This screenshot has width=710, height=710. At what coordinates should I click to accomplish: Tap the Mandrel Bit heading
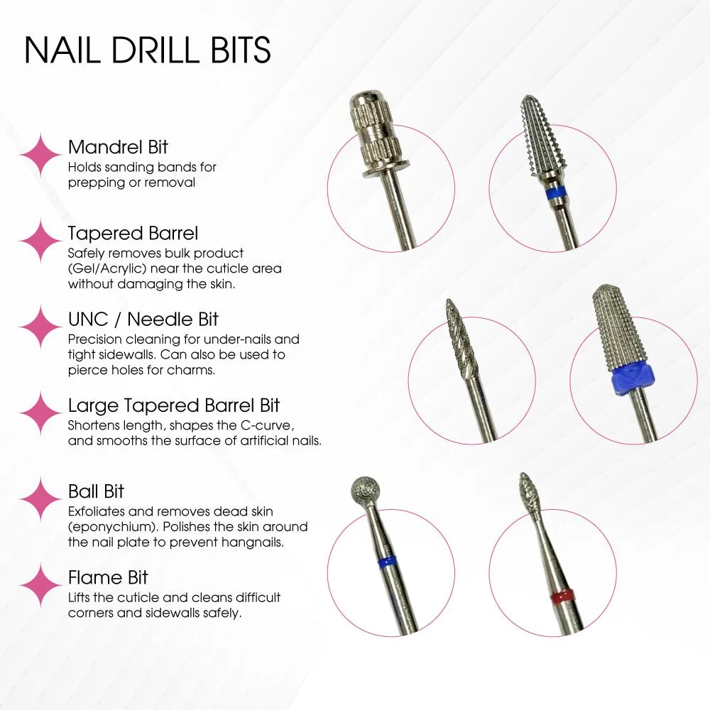(118, 147)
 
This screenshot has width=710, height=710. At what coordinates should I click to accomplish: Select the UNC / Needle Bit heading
(143, 319)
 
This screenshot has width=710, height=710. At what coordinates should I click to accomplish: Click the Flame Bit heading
(108, 577)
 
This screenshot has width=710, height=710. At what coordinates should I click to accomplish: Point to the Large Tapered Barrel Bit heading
(174, 405)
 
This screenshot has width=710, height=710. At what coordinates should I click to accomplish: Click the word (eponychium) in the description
(113, 527)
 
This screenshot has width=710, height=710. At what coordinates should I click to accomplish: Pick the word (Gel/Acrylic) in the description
(107, 269)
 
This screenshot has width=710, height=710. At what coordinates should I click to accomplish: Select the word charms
(191, 370)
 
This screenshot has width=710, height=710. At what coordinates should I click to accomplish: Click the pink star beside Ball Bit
(40, 498)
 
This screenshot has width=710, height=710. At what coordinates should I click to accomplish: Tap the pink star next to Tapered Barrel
(40, 241)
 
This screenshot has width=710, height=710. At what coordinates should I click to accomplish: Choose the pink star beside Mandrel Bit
(40, 154)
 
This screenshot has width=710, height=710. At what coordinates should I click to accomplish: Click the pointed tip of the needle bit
(448, 300)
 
